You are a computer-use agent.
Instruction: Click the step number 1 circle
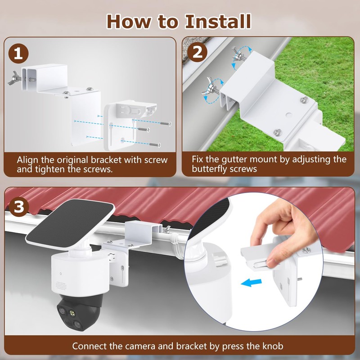pos(18,54)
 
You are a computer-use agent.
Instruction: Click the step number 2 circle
pos(197,52)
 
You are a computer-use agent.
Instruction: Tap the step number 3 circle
pos(19,207)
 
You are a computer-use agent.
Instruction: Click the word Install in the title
pos(218,22)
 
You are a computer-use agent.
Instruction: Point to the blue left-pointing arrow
pos(252,283)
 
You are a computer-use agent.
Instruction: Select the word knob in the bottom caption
pos(273,346)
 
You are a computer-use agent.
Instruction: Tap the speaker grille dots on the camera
pos(61,286)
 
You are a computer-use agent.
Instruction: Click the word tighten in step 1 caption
pos(49,169)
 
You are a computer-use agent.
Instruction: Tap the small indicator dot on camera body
pos(61,274)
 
